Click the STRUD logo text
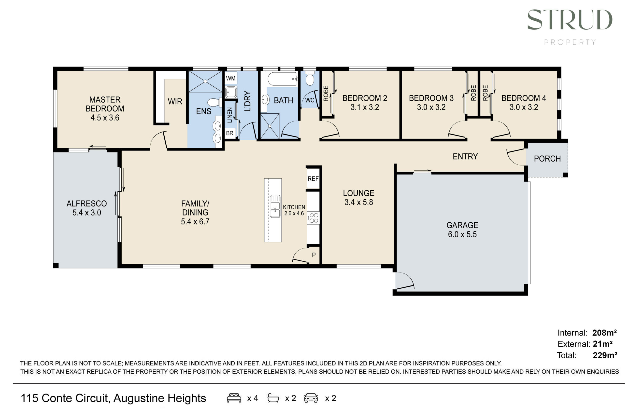pos(570,20)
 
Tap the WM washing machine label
pos(230,78)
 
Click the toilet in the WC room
pos(310,78)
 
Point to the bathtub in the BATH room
pos(282,79)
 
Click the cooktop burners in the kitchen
pos(314,217)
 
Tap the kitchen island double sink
pos(275,206)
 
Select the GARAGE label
pos(462,225)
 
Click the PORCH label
pos(547,159)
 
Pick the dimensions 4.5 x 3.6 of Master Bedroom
pos(105,118)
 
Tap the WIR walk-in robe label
pos(175,101)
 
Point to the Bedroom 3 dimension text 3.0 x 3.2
pos(431,107)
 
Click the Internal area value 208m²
pos(604,333)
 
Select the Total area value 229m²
pos(605,355)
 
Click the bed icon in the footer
pos(234,398)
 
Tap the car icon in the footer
pos(311,398)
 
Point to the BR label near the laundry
pos(229,133)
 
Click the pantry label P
pos(314,255)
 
